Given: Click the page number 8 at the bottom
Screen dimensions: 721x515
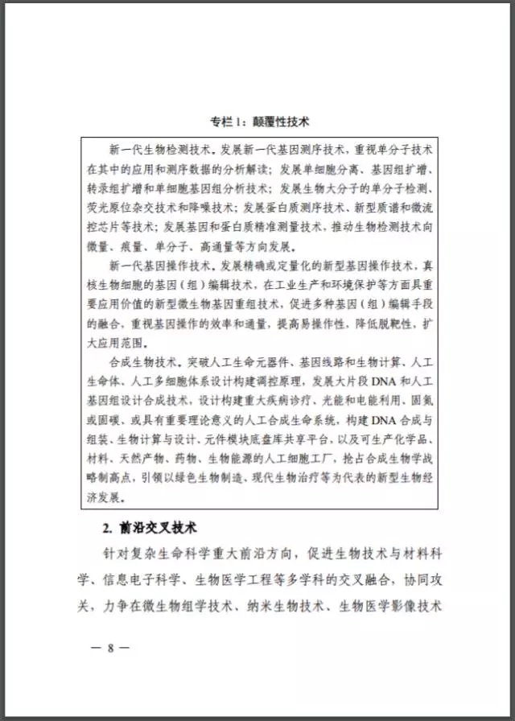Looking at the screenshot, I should coord(111,646).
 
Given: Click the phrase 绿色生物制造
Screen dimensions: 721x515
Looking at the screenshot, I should coord(216,498).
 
